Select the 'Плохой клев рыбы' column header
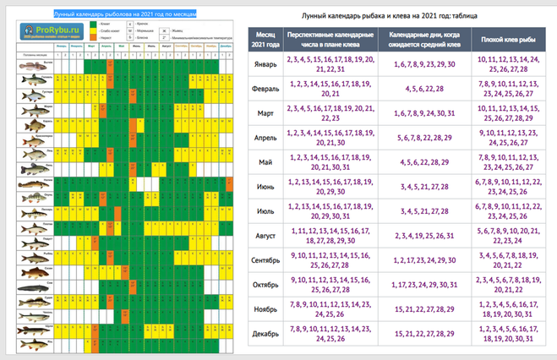(505, 38)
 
